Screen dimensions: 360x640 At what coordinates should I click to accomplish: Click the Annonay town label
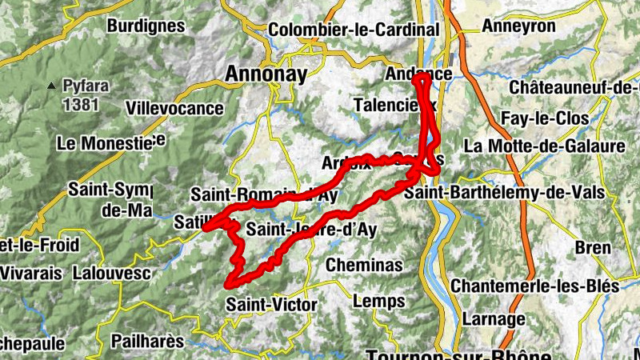(266, 74)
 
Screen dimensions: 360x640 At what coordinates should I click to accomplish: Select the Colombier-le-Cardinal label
(354, 30)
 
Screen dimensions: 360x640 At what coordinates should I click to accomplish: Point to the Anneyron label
(519, 26)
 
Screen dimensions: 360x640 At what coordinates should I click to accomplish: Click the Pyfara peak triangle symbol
(53, 85)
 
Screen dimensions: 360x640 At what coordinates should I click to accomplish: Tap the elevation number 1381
(81, 104)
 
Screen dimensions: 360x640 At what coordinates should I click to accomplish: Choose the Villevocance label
(174, 106)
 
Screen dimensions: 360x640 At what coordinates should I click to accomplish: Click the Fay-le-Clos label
(545, 118)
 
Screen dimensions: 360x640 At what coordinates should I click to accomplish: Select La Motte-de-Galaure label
(544, 146)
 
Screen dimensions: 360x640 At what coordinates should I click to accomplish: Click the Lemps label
(378, 301)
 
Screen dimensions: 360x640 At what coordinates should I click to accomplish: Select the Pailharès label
(147, 341)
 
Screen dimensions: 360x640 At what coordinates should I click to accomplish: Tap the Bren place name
(593, 248)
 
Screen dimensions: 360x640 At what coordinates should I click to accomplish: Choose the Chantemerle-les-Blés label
(534, 286)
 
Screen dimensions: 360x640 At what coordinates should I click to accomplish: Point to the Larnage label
(494, 318)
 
